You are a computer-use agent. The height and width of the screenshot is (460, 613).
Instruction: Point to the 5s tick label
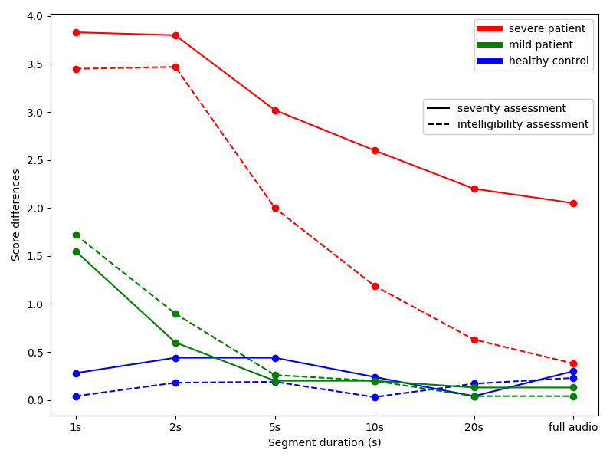click(x=275, y=426)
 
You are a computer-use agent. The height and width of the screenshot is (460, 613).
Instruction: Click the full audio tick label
click(x=573, y=426)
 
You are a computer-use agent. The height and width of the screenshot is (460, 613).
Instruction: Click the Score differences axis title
click(x=16, y=215)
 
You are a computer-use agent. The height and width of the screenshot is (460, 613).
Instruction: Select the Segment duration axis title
click(x=324, y=442)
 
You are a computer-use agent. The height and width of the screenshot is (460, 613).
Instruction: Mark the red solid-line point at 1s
click(x=76, y=32)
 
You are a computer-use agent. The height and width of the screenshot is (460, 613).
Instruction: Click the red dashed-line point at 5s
click(x=275, y=208)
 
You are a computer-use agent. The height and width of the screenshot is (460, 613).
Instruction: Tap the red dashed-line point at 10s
click(x=375, y=286)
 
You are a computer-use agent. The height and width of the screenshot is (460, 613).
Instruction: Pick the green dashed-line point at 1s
click(x=76, y=235)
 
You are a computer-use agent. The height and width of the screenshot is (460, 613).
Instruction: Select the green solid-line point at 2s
click(x=175, y=343)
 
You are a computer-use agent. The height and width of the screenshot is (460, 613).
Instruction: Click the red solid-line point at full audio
click(x=573, y=203)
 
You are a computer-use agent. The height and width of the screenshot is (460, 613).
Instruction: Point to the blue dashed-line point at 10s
click(x=375, y=397)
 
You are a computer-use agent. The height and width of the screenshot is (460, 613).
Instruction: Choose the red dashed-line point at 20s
click(x=474, y=340)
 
